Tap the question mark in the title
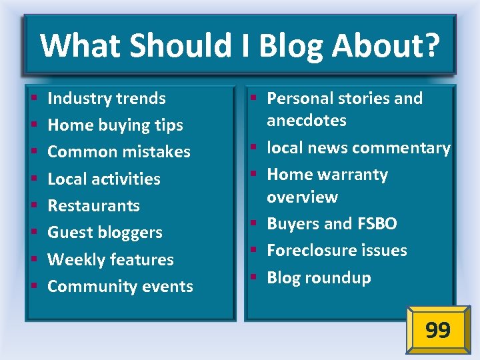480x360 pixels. (432, 46)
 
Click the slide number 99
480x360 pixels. (437, 329)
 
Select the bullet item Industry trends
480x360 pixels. (107, 98)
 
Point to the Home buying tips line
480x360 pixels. (115, 125)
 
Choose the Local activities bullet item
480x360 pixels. (104, 179)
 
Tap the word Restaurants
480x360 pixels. (93, 205)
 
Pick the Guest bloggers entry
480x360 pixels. (105, 233)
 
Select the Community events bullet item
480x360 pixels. (120, 287)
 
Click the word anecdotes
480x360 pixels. (307, 121)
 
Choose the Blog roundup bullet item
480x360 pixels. (319, 277)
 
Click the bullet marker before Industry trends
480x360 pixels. (32, 99)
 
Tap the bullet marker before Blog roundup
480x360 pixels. (255, 278)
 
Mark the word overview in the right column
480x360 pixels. (302, 197)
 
